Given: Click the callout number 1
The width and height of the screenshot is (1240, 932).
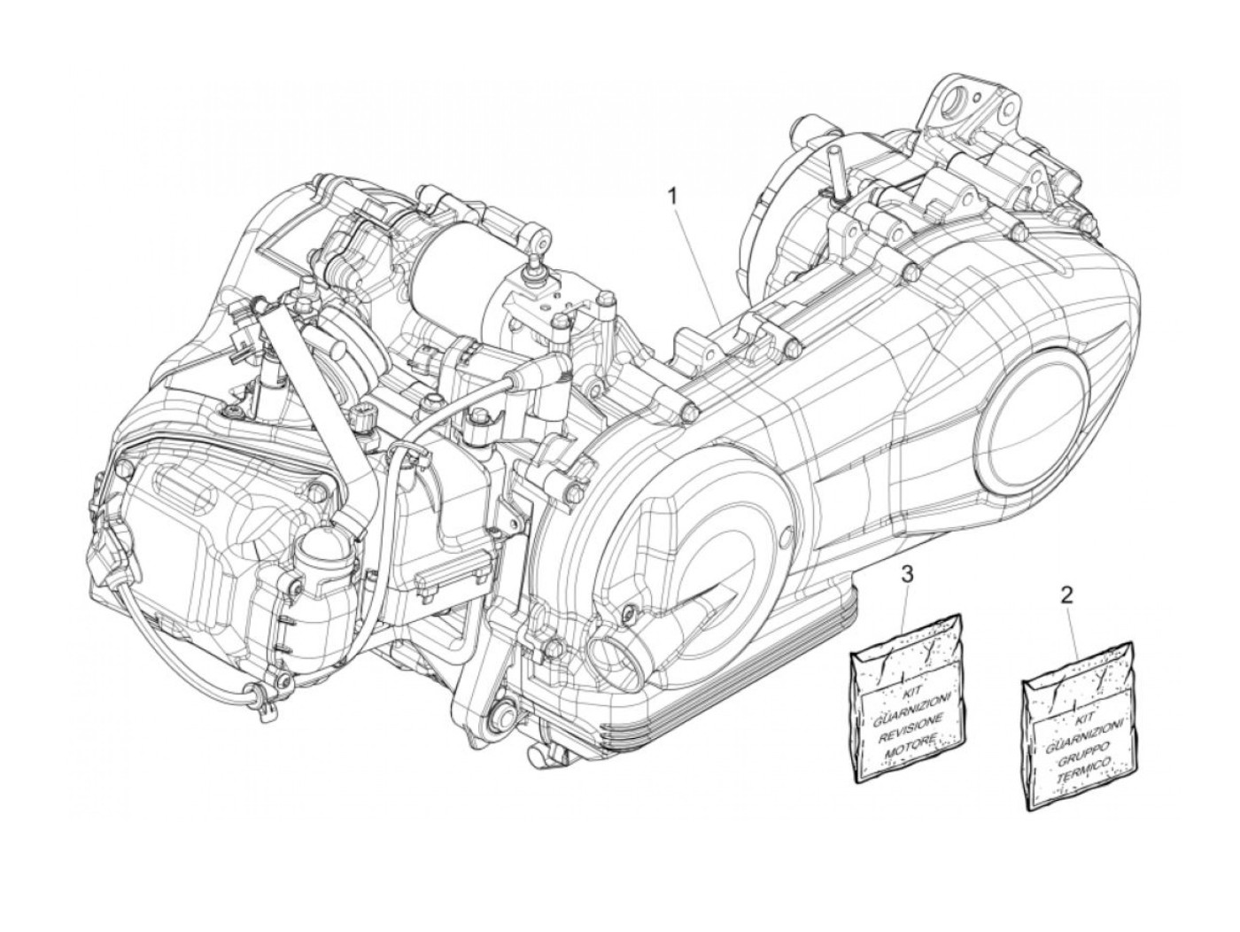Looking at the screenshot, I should [x=672, y=194].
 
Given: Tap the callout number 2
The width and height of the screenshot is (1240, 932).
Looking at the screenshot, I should [x=1066, y=594].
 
